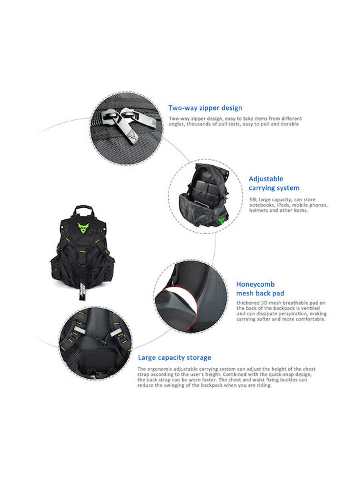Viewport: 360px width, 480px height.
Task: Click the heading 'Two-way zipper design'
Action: coord(205,108)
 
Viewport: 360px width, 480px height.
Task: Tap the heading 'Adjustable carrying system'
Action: coord(274,183)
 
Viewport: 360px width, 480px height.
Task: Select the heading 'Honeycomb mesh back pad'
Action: coord(260,289)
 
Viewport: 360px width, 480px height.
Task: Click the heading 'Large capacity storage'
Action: coord(175,357)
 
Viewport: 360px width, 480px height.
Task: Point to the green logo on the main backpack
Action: coord(83,228)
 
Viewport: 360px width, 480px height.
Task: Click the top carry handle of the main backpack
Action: coord(83,210)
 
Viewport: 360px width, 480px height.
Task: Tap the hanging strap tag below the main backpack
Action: coord(82,291)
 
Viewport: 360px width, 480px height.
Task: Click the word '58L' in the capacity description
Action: coord(253,199)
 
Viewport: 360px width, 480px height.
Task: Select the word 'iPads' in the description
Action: coord(283,205)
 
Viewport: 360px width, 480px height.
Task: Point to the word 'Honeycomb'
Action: coord(255,285)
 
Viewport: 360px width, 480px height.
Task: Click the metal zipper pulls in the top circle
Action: coord(129,123)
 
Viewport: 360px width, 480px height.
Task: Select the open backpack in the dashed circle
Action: coord(204,195)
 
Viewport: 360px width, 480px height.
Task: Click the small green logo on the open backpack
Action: coord(222,220)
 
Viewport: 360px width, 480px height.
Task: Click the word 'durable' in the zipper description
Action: coord(289,124)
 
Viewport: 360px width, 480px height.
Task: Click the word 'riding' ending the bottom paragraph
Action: coord(264,385)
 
